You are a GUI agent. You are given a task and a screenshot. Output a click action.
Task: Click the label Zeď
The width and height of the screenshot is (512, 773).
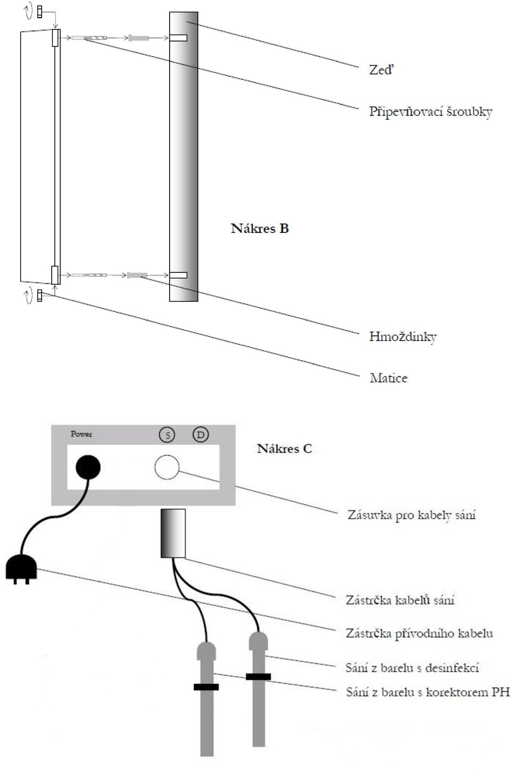coord(381,70)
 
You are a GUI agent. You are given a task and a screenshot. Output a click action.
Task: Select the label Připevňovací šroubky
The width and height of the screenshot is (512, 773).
coord(430,112)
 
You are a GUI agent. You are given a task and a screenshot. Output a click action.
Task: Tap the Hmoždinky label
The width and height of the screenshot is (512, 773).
coord(403,336)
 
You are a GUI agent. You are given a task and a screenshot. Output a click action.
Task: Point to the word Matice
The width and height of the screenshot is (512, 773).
coord(388,378)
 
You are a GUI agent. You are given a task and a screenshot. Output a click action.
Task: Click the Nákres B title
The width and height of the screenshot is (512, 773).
coord(260,229)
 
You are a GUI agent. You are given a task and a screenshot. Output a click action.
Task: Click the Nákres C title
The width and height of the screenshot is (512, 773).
coord(284,449)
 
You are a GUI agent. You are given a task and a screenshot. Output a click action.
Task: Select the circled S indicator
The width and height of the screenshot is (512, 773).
coord(167,435)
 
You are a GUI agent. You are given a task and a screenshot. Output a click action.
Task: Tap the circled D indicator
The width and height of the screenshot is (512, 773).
coord(201,434)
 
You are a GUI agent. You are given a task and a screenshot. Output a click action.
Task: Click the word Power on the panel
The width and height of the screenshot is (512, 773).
coord(82,434)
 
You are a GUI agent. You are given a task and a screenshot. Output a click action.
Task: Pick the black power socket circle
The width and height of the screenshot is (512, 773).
coord(88,467)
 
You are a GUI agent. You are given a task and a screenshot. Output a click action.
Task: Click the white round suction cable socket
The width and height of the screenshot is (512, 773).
coord(167,467)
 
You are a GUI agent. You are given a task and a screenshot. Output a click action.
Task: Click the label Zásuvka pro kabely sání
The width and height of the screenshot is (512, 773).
coord(412,515)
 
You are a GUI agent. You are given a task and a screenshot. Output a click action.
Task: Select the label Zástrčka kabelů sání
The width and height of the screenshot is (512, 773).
coord(400,600)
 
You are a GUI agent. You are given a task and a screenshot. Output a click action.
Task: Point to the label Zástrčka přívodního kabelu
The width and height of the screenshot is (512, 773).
coord(419,633)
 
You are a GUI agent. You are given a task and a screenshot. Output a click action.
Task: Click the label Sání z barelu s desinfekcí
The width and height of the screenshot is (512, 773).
coord(412,668)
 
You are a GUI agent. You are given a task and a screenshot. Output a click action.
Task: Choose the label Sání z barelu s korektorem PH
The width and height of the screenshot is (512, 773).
coord(428,692)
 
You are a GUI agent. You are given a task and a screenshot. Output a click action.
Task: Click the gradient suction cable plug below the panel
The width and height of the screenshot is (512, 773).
coord(173,533)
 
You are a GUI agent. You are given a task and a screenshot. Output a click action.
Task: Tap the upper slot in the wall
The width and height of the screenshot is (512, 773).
coord(178,38)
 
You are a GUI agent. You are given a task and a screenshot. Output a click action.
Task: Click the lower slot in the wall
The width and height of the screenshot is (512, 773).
coord(178,275)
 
